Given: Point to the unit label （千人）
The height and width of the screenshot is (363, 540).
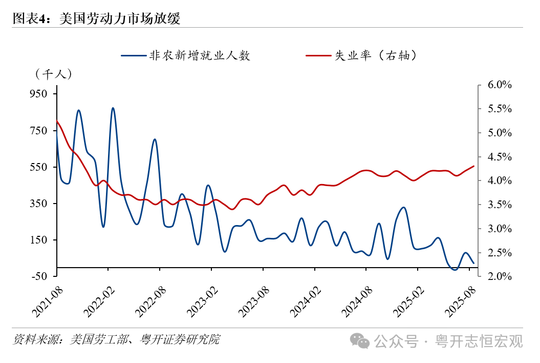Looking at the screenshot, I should pos(54,74).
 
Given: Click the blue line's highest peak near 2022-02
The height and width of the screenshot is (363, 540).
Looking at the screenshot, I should pos(113,108).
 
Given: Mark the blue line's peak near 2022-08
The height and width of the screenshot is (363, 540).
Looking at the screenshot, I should pos(155,139).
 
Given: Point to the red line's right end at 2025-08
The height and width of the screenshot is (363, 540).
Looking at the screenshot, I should pos(474,166).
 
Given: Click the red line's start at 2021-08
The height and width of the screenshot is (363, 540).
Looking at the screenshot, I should pos(56,120).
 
